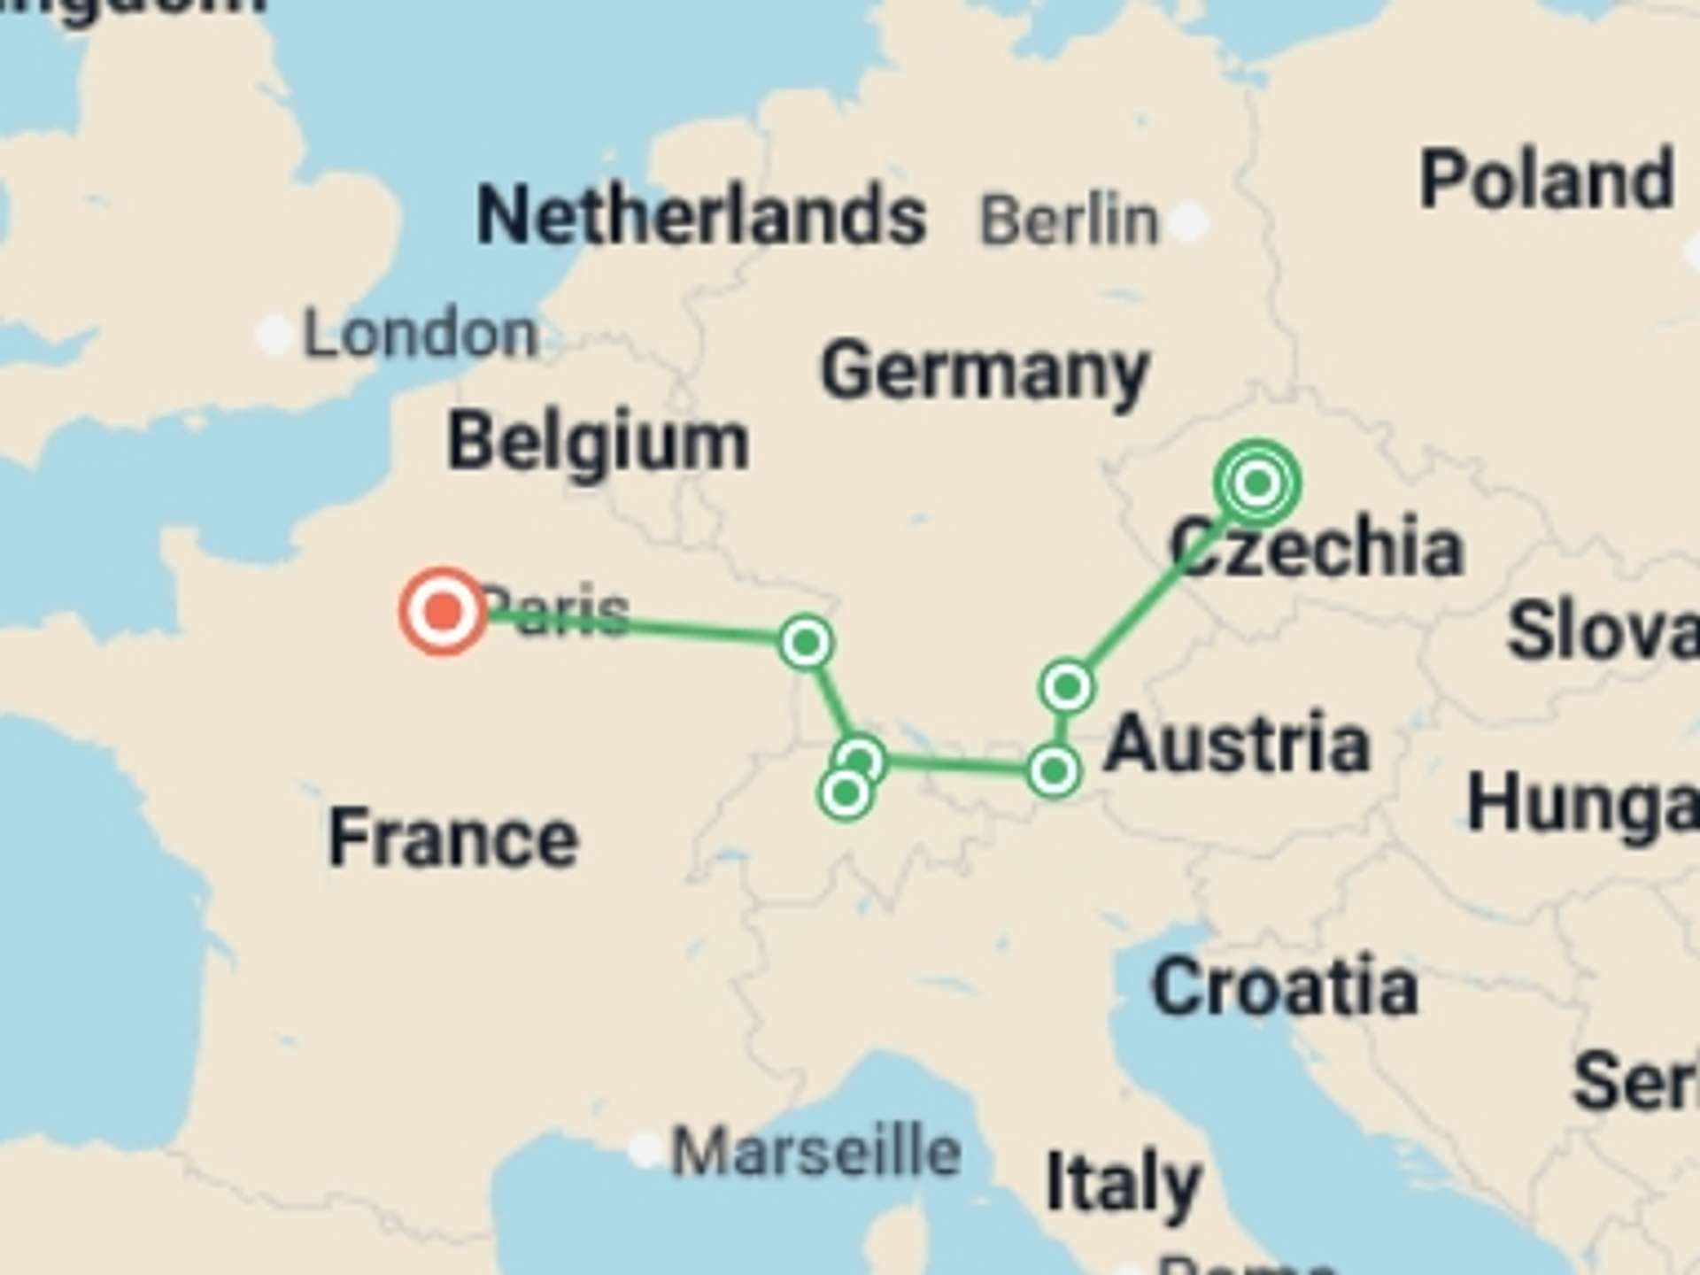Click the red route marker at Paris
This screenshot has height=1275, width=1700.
(443, 611)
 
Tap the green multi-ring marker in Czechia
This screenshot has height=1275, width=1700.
(1257, 483)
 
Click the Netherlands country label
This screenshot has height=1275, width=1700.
(701, 215)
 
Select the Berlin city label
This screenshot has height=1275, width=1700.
(1069, 220)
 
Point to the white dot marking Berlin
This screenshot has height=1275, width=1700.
(1189, 220)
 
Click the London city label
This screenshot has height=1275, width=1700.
(420, 334)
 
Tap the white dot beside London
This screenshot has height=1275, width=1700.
(274, 335)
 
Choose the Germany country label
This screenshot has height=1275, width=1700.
(985, 372)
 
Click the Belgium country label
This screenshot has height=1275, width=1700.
(599, 441)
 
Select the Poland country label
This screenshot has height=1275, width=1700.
(1546, 180)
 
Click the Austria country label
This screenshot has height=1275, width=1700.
(1237, 744)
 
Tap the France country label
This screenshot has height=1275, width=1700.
(453, 838)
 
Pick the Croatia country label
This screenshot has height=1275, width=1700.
(1285, 986)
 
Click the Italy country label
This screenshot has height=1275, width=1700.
(1123, 1183)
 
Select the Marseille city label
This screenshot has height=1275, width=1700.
(815, 1151)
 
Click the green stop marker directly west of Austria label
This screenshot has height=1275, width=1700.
(1053, 770)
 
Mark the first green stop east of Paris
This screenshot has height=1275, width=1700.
(806, 641)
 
